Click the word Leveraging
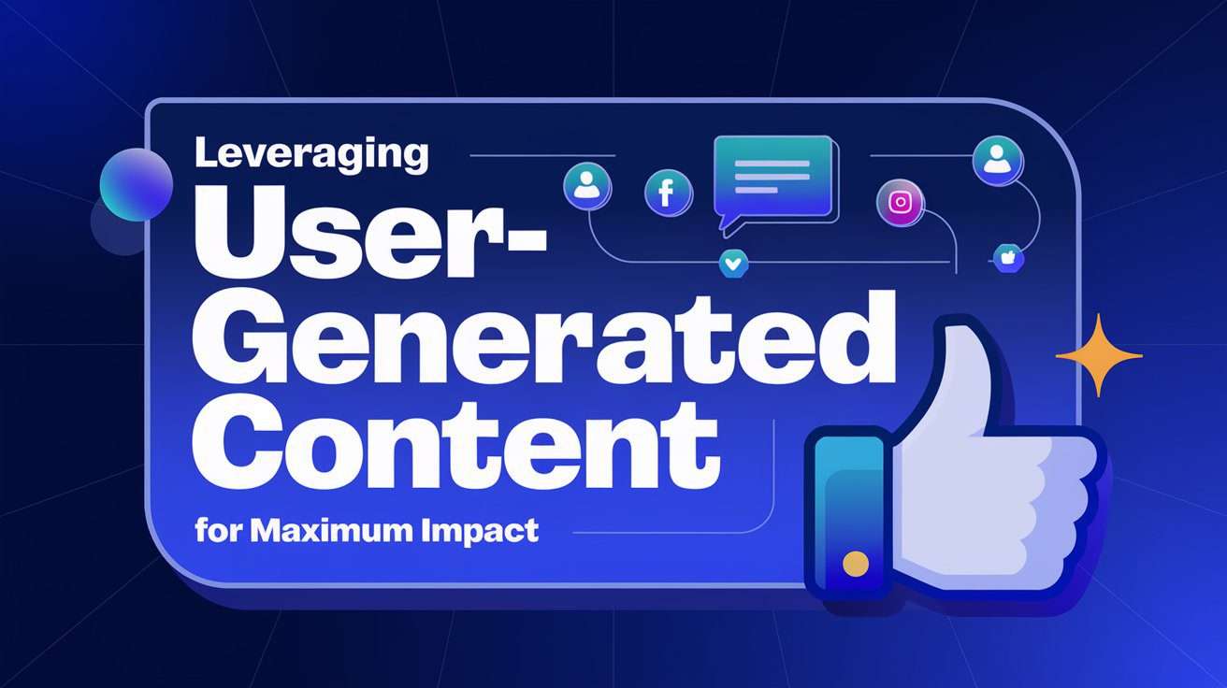(x=311, y=155)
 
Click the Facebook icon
(x=667, y=193)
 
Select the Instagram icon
(x=900, y=203)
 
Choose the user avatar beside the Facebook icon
(x=586, y=184)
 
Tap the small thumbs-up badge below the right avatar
(x=1008, y=257)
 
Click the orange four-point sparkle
(x=1099, y=355)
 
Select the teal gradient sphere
(x=137, y=183)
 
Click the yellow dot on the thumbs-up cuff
(x=853, y=563)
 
